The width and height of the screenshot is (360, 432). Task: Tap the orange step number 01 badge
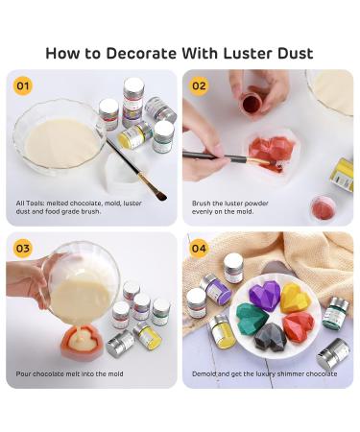click(23, 85)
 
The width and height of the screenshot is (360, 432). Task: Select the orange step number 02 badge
click(199, 85)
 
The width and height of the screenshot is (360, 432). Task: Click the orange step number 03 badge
click(23, 249)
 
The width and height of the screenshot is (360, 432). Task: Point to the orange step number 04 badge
click(199, 249)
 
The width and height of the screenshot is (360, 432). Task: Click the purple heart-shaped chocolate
click(265, 296)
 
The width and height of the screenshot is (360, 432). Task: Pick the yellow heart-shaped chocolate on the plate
click(295, 298)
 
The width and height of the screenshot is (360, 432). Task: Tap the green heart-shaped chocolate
click(252, 317)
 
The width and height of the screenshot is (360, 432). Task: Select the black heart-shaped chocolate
click(270, 337)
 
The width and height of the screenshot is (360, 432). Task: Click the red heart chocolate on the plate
click(299, 326)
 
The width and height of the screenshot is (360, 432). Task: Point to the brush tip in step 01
click(161, 195)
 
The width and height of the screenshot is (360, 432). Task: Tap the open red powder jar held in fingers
click(252, 102)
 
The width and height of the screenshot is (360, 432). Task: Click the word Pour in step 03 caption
click(23, 373)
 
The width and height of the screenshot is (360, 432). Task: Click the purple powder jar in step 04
click(215, 289)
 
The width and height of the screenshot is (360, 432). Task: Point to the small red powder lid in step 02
click(323, 208)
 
